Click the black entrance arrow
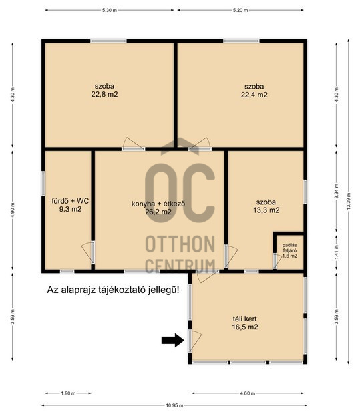click(172, 340)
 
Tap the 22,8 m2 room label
click(104, 90)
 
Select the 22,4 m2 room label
click(254, 91)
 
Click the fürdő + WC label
click(70, 205)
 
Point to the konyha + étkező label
click(158, 208)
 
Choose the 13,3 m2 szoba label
click(266, 206)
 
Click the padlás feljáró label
click(290, 250)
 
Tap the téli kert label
click(245, 323)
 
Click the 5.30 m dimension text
click(110, 10)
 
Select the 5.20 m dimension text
click(240, 10)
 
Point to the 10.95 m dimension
click(174, 405)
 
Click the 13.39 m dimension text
click(349, 201)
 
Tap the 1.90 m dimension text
click(68, 393)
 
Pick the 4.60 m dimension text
click(248, 393)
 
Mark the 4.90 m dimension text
click(13, 210)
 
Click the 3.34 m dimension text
click(337, 191)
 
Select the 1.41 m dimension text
click(337, 252)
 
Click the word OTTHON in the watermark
click(180, 244)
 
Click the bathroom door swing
click(88, 253)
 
